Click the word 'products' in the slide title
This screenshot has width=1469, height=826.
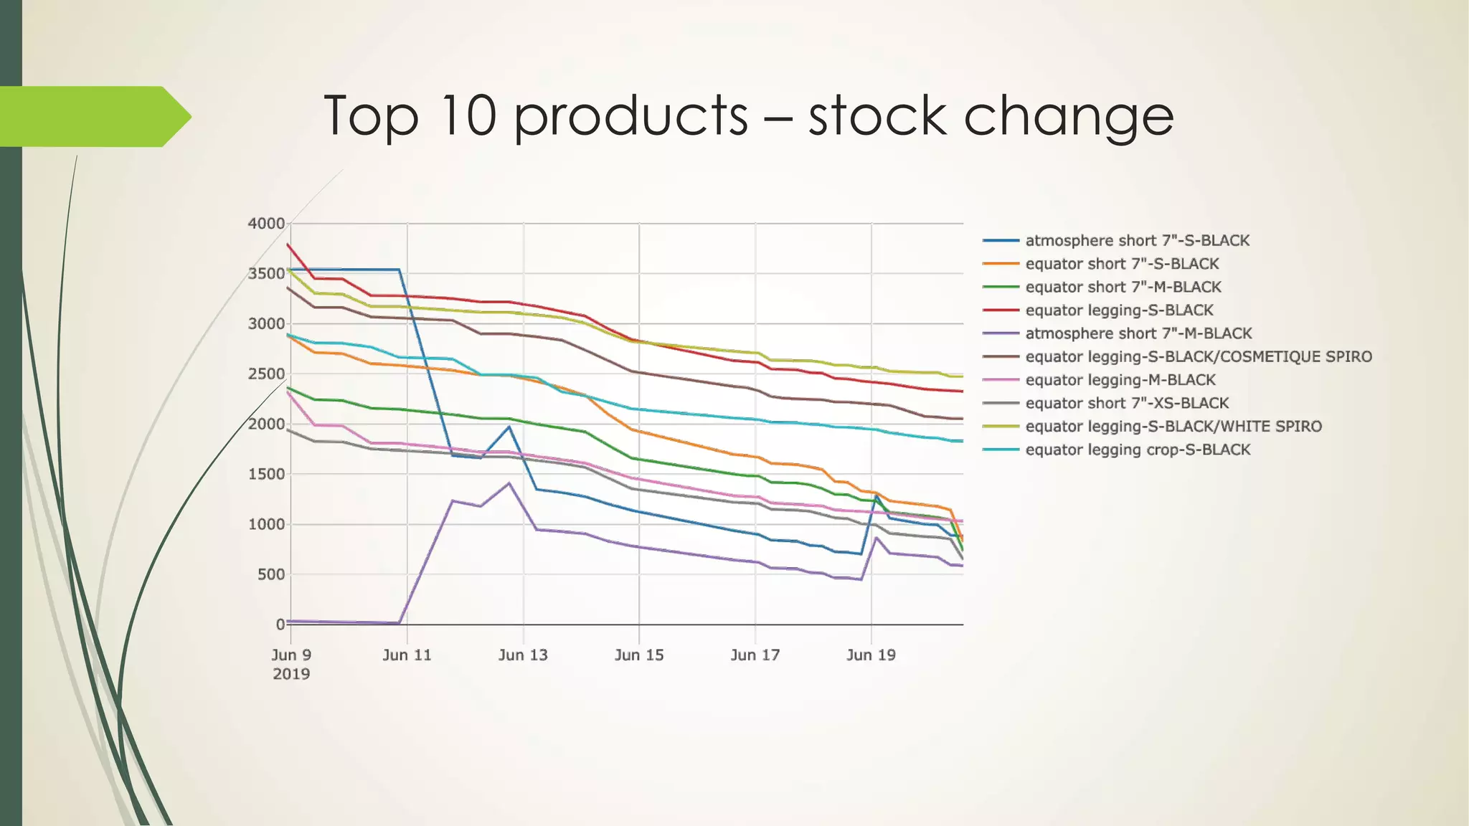click(631, 116)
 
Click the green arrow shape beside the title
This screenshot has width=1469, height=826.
click(93, 116)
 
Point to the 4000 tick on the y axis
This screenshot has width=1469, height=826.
click(266, 224)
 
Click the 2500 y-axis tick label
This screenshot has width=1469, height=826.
click(266, 374)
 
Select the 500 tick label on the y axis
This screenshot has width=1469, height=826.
click(270, 574)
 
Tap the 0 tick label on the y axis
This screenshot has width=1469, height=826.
click(280, 625)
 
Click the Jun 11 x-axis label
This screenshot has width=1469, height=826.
click(407, 655)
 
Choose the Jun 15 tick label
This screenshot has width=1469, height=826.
click(639, 655)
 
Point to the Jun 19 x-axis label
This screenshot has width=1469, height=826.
click(871, 655)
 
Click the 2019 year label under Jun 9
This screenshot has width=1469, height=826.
click(291, 674)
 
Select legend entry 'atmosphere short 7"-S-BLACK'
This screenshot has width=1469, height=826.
click(1137, 241)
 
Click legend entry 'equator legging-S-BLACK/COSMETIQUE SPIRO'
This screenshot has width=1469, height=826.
click(1198, 357)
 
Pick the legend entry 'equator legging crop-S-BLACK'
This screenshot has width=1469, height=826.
click(1138, 450)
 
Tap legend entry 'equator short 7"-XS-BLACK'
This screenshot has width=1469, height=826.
click(1127, 403)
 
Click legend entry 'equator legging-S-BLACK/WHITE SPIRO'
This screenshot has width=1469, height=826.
click(1173, 427)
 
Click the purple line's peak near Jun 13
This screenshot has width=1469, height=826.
click(509, 483)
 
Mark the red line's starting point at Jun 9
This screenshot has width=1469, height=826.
click(288, 245)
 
